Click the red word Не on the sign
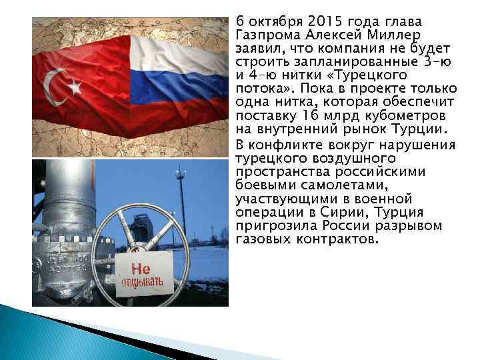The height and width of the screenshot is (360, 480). (140, 269)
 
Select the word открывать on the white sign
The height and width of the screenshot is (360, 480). (141, 285)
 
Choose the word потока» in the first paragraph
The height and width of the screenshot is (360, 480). (263, 89)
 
